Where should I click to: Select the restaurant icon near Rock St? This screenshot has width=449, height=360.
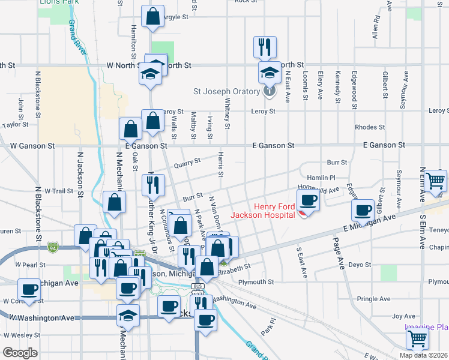(265, 46)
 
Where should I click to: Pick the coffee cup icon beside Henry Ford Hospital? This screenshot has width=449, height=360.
(309, 199)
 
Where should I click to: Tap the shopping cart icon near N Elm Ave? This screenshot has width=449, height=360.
(435, 179)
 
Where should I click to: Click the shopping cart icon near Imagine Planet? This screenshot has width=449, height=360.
(417, 338)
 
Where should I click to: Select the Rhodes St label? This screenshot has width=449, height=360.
(370, 127)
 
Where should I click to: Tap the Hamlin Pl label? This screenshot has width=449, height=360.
(321, 178)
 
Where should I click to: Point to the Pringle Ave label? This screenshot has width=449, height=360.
(373, 299)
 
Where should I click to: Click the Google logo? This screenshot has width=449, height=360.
(20, 352)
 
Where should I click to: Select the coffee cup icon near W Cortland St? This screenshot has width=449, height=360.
(29, 289)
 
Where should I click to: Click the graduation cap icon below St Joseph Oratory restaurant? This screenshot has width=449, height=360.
(270, 73)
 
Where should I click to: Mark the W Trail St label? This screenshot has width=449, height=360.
(58, 191)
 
